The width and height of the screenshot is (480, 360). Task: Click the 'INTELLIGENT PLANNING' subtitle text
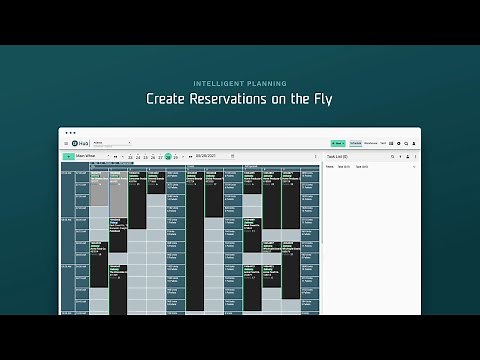[239, 83]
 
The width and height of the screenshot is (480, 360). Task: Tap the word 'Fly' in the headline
[319, 99]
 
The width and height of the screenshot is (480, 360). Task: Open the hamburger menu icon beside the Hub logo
[66, 144]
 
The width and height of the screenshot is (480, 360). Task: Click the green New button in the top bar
[338, 144]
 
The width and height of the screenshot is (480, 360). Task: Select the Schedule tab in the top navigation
[355, 144]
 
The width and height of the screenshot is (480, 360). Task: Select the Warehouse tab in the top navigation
[370, 144]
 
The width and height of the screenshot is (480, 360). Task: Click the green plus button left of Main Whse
[67, 156]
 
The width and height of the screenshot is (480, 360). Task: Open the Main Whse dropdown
[92, 156]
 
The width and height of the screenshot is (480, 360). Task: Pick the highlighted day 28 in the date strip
[168, 157]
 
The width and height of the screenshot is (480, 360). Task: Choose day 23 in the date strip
[131, 157]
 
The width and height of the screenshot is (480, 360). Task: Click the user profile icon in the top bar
[414, 144]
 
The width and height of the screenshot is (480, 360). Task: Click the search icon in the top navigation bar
[406, 144]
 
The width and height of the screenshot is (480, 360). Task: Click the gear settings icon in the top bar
[398, 144]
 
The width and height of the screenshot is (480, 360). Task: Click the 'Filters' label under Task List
[330, 167]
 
